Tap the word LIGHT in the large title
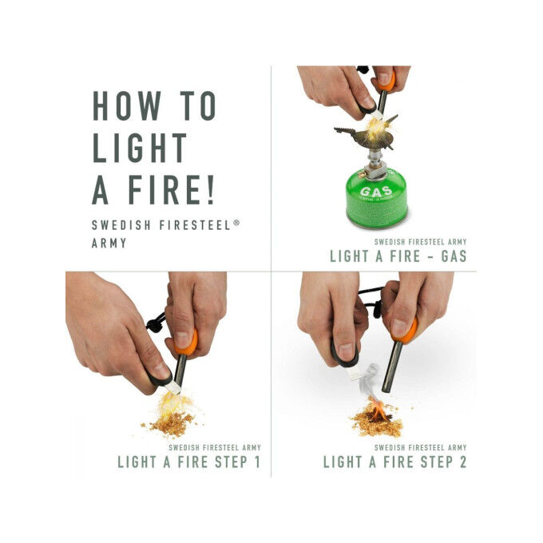pyautogui.click(x=140, y=149)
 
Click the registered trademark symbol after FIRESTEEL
pyautogui.click(x=236, y=224)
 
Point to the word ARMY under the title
pyautogui.click(x=109, y=242)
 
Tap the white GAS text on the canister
pyautogui.click(x=375, y=192)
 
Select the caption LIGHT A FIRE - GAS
pyautogui.click(x=398, y=256)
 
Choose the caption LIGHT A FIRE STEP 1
pyautogui.click(x=188, y=462)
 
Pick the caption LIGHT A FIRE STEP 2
pyautogui.click(x=394, y=462)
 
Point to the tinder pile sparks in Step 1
pyautogui.click(x=172, y=411)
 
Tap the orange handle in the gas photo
pyautogui.click(x=387, y=80)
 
